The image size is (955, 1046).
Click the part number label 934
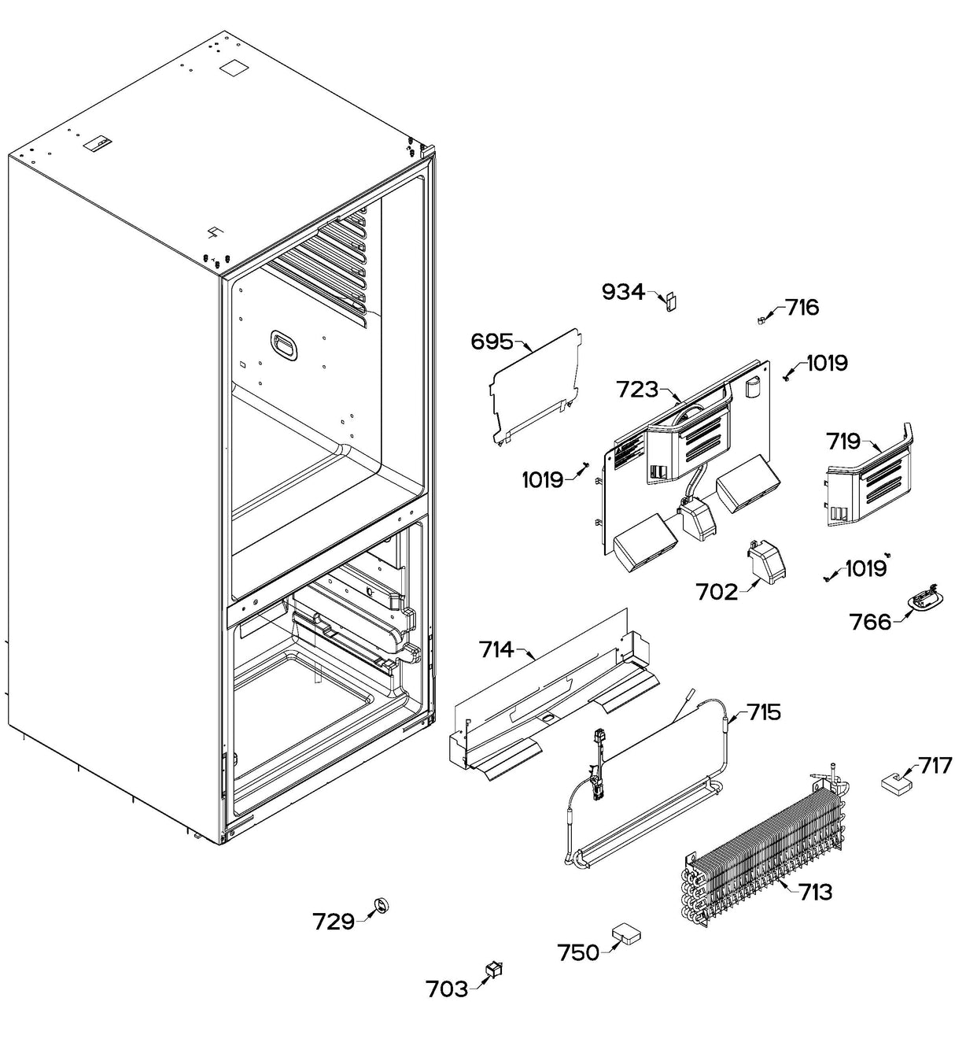pyautogui.click(x=622, y=293)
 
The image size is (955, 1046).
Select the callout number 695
pyautogui.click(x=492, y=342)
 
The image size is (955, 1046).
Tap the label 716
pyautogui.click(x=802, y=307)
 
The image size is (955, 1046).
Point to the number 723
pyautogui.click(x=637, y=389)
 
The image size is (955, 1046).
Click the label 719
pyautogui.click(x=843, y=442)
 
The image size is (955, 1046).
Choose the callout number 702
pyautogui.click(x=717, y=591)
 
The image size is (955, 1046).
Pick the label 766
pyautogui.click(x=871, y=622)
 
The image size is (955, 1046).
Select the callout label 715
pyautogui.click(x=764, y=712)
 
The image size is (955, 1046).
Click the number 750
pyautogui.click(x=578, y=952)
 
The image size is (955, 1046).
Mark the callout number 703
pyautogui.click(x=447, y=989)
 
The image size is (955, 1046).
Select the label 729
pyautogui.click(x=334, y=921)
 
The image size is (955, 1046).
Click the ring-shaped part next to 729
pyautogui.click(x=382, y=906)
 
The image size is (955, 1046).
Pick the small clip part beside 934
pyautogui.click(x=671, y=301)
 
